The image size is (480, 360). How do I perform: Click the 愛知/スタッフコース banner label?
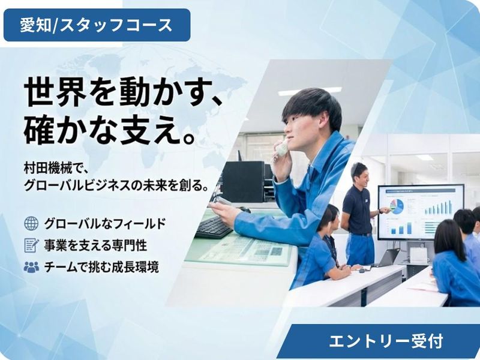[97, 25]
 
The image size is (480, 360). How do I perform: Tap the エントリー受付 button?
[385, 341]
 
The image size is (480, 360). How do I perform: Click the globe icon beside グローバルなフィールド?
[31, 224]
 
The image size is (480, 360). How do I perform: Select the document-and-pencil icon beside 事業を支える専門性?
[31, 245]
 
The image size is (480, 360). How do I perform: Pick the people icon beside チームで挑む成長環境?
[31, 267]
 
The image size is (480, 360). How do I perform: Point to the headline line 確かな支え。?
[112, 128]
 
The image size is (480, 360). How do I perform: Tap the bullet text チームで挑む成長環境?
[101, 267]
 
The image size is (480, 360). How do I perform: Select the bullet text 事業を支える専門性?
[95, 245]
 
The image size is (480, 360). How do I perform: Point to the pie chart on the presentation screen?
[397, 206]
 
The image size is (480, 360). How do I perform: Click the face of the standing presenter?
[359, 174]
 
